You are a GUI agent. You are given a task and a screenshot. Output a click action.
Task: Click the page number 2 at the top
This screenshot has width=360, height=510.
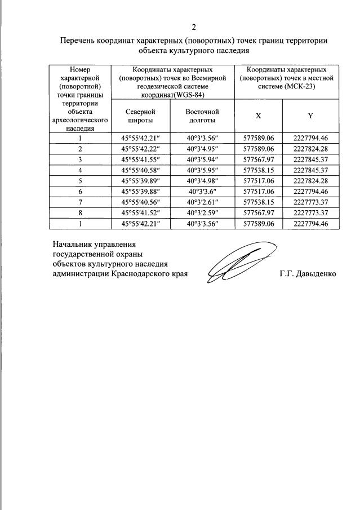(x=194, y=28)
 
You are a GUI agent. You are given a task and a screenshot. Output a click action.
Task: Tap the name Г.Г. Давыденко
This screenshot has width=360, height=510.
(x=308, y=273)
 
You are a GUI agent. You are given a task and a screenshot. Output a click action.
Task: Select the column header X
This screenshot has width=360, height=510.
(x=259, y=116)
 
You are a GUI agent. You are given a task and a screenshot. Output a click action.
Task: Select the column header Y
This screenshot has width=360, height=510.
(x=310, y=116)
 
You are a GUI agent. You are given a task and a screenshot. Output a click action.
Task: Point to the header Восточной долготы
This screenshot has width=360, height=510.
(x=202, y=116)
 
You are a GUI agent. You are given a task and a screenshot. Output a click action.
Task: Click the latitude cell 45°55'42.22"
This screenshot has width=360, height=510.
(x=140, y=149)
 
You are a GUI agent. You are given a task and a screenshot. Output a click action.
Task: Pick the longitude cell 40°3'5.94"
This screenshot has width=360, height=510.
(x=202, y=159)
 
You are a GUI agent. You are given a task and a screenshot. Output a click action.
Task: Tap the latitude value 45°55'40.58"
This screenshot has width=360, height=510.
(x=140, y=170)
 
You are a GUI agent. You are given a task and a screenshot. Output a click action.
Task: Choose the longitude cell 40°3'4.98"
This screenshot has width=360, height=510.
(x=202, y=181)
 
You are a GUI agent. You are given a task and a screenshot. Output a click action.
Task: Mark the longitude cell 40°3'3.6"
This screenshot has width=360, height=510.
(x=202, y=192)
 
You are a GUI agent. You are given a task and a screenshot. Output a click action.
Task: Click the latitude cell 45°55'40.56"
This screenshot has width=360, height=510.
(x=140, y=202)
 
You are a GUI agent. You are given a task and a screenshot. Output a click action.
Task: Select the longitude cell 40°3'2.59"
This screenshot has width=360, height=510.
(x=202, y=213)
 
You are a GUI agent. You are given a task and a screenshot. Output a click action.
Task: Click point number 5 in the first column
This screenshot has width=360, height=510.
(x=80, y=181)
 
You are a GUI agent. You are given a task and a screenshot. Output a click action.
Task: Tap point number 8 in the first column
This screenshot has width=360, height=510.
(x=80, y=213)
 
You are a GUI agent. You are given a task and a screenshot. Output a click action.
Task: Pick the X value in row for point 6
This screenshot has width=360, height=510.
(x=259, y=192)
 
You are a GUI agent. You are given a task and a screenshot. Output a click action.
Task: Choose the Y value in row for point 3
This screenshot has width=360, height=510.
(x=310, y=159)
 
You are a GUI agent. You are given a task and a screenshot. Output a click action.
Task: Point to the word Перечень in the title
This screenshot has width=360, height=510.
(x=79, y=41)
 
